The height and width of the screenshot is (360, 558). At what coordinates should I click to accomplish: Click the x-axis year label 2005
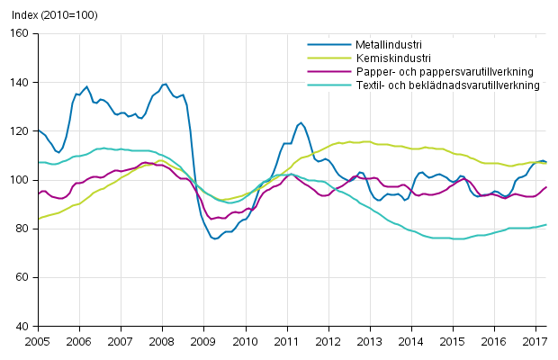[x=37, y=342]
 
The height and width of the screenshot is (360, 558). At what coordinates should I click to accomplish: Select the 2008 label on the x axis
[x=163, y=342]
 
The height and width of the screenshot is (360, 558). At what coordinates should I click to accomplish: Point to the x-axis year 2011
[x=287, y=342]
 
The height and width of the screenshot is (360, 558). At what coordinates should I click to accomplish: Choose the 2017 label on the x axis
[x=536, y=342]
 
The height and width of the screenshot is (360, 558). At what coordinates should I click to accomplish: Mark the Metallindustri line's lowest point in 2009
[x=215, y=238]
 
